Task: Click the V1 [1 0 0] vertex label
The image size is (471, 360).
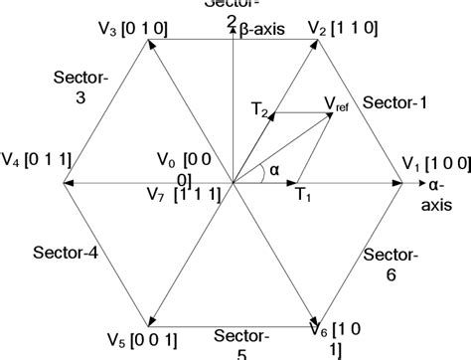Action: click(x=433, y=163)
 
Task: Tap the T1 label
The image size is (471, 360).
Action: click(x=303, y=196)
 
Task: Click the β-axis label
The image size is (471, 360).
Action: click(x=261, y=30)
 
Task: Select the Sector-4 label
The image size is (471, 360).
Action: click(x=65, y=253)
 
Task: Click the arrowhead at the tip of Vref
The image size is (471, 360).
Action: click(x=331, y=113)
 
